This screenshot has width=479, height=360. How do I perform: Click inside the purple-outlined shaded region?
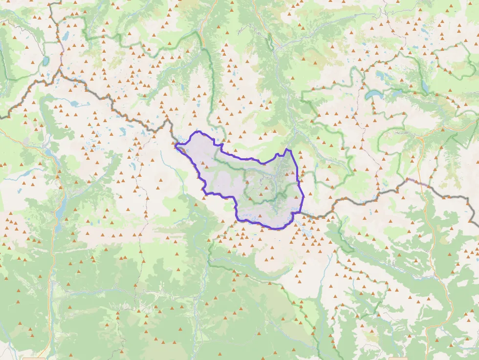tap(244, 186)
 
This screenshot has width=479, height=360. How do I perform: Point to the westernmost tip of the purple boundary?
tap(175, 144)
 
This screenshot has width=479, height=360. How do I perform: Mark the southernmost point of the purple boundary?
tap(275, 229)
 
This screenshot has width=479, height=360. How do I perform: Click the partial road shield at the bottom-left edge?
tap(30, 358)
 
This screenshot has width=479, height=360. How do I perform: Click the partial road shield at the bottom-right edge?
tap(397, 358)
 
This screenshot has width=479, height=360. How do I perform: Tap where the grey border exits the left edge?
tap(2, 117)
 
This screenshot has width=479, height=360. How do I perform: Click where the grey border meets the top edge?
tap(50, 1)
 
